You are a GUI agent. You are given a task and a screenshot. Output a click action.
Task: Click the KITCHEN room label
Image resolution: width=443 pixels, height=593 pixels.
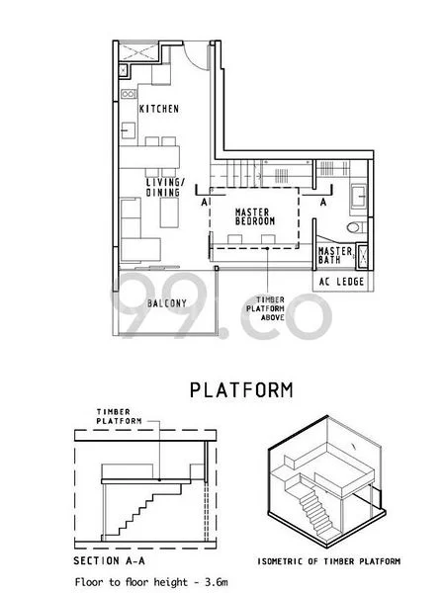point(158,109)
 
